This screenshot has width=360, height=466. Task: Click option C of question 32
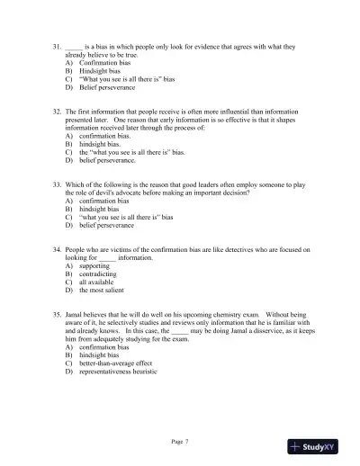[131, 154]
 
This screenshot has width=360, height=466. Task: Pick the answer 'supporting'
[94, 266]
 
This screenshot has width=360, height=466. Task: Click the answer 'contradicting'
[99, 274]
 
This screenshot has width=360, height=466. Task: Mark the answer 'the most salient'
[102, 291]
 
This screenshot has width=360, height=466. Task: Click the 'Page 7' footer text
[179, 442]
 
